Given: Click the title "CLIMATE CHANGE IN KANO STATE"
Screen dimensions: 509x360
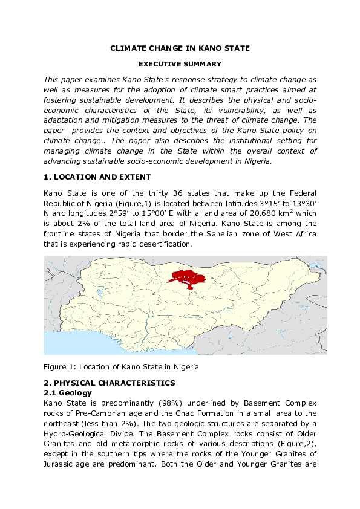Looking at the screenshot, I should [180, 48].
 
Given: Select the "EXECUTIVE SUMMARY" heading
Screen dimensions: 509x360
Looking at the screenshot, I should [180, 64].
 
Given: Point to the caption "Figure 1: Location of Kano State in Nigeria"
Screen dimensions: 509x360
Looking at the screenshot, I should [121, 367].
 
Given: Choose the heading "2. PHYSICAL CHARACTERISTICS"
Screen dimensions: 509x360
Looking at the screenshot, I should [109, 383].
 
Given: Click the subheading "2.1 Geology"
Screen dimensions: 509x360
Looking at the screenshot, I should [67, 393].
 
